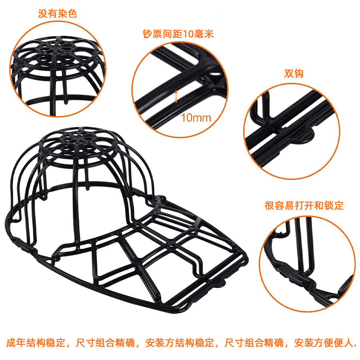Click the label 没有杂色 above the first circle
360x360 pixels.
[x=58, y=14]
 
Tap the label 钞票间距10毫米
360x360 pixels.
[x=178, y=34]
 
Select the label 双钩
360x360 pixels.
[x=294, y=74]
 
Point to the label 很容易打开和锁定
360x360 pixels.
[x=304, y=206]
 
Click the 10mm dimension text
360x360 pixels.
[x=196, y=118]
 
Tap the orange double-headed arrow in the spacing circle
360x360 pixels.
[x=176, y=96]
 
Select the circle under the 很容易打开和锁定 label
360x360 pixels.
[x=306, y=264]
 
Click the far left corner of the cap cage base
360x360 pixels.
[x=9, y=219]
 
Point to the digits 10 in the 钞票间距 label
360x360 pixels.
[x=188, y=34]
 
